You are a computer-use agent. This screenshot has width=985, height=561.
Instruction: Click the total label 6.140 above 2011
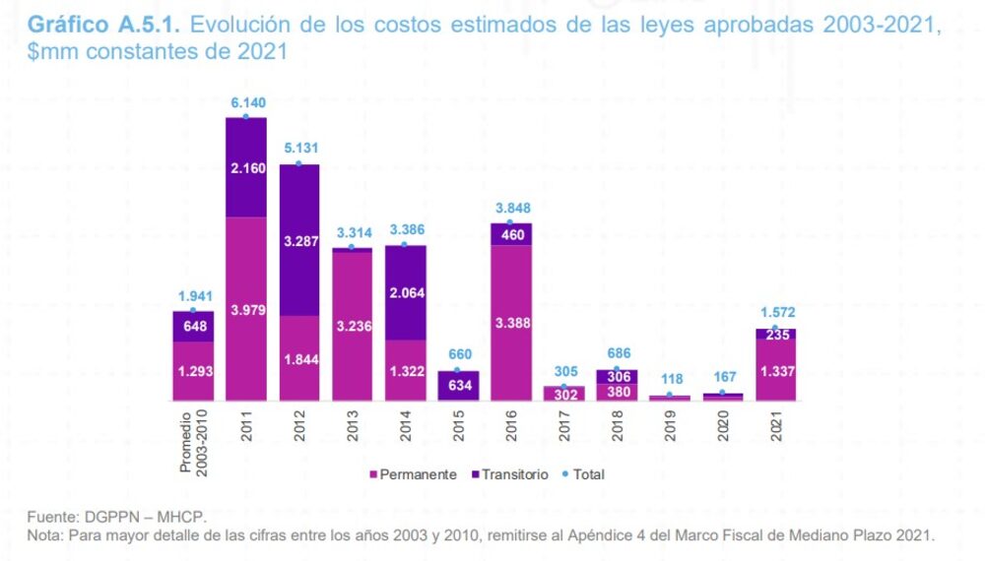click(x=246, y=102)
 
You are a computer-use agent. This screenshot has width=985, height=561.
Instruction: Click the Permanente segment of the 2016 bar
click(x=511, y=322)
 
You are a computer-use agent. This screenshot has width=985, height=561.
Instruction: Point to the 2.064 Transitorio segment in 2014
click(x=406, y=292)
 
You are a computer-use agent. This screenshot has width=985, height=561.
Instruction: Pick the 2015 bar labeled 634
click(x=458, y=385)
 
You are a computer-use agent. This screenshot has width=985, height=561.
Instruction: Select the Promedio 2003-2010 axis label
click(x=193, y=443)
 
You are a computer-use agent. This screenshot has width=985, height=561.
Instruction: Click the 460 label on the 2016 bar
click(x=511, y=234)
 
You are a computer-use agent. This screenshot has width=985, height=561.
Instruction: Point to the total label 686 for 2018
click(x=617, y=353)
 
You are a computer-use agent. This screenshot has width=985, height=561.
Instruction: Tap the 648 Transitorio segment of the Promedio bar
click(x=193, y=326)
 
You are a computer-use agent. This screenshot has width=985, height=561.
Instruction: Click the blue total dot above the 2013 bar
click(x=352, y=247)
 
